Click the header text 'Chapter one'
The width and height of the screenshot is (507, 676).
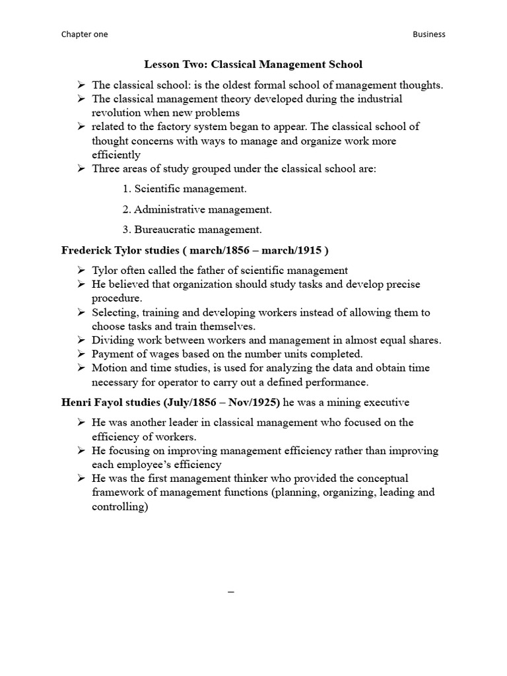tap(84, 34)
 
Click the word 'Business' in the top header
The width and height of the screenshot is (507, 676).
tap(428, 34)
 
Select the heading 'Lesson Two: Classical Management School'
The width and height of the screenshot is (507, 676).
tap(253, 65)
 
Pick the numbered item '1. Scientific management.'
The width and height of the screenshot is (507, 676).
tap(184, 189)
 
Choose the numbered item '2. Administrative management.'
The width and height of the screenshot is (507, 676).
tap(197, 209)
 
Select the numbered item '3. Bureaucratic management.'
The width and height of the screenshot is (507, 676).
tap(192, 230)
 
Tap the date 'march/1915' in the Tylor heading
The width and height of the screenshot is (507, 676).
tap(289, 250)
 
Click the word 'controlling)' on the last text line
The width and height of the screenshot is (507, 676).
tap(119, 506)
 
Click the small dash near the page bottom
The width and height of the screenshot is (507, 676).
tap(231, 592)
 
